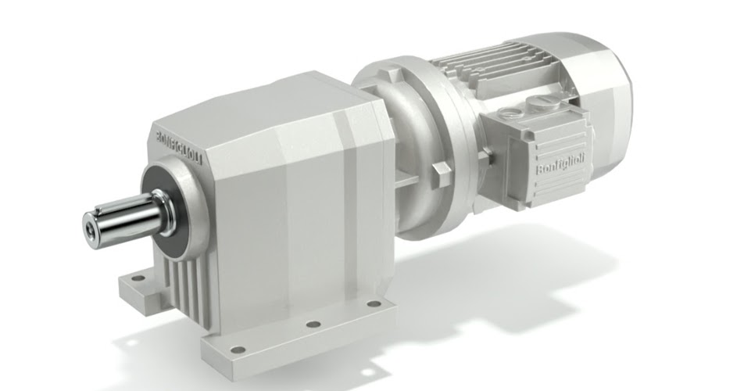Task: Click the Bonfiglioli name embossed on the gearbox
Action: pyautogui.click(x=179, y=146)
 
